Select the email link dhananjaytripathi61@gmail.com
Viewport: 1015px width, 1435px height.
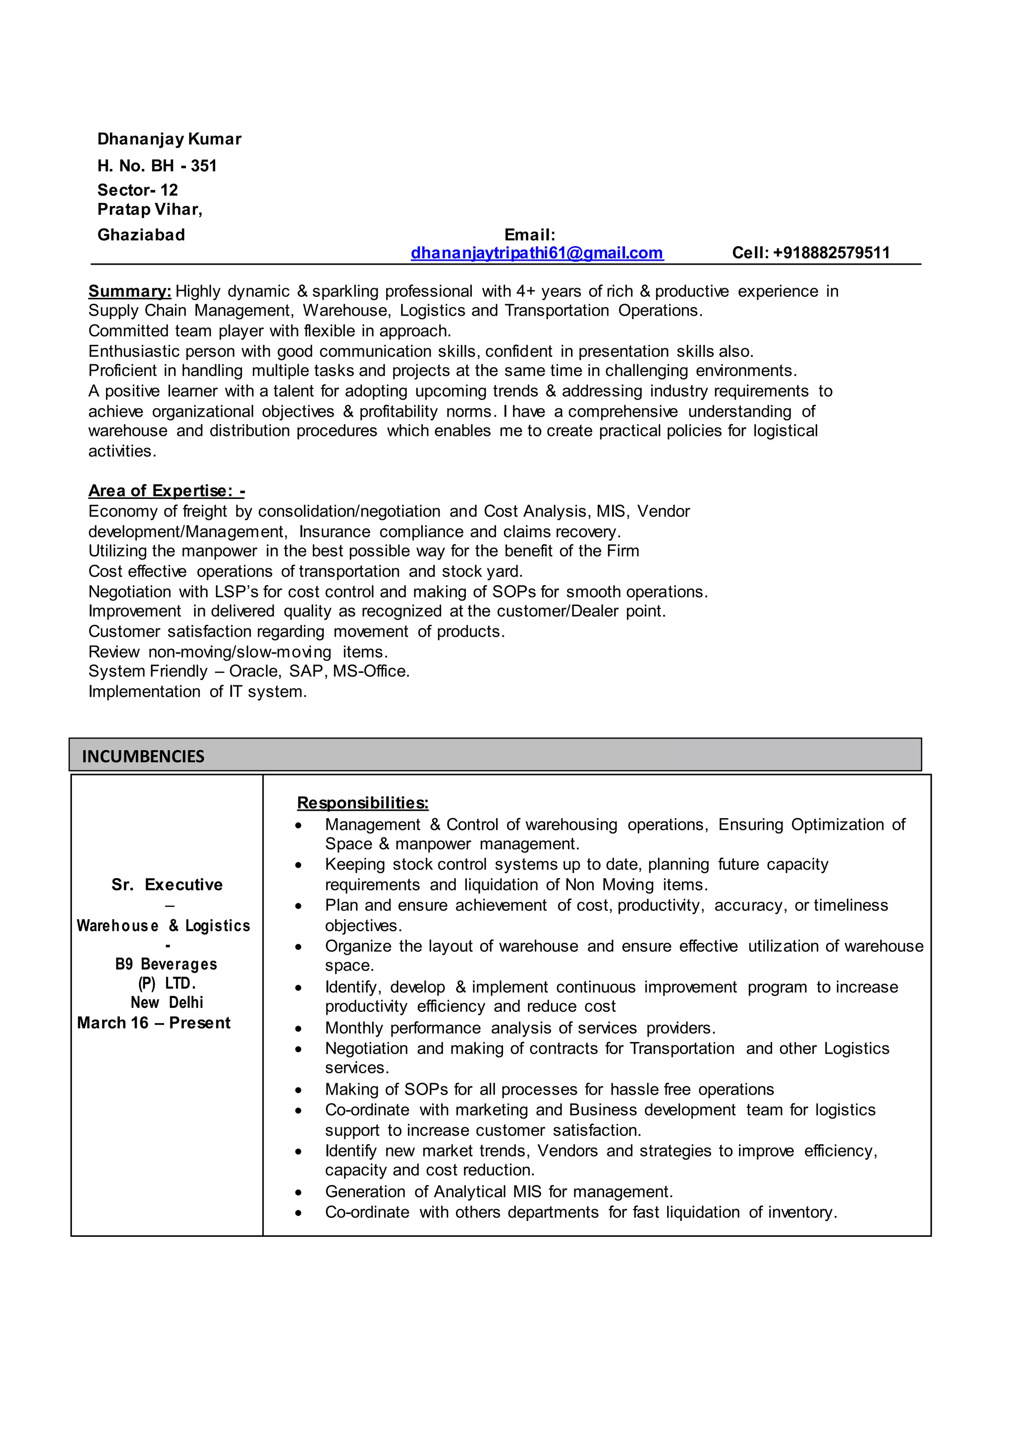pos(536,253)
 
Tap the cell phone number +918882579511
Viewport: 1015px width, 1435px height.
pos(831,253)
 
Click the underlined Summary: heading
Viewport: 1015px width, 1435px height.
pos(129,291)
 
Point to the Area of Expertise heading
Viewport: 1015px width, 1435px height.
pos(166,491)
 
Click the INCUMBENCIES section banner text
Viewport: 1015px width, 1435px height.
pos(143,756)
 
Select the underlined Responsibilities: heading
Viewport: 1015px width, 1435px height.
pos(362,803)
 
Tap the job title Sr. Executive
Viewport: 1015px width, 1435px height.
pos(167,884)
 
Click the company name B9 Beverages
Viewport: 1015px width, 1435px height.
pos(166,964)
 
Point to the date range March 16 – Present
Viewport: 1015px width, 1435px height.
pos(154,1023)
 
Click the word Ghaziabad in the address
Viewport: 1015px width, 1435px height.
pos(141,235)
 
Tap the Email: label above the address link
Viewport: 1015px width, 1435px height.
pos(529,235)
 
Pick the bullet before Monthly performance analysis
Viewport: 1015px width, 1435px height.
pos(299,1029)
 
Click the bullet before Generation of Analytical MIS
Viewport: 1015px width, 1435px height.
pos(299,1193)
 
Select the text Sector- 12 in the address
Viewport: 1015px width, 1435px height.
pos(137,190)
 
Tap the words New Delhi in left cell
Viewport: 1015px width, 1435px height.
pos(167,1002)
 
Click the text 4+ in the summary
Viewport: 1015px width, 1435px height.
pos(526,291)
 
